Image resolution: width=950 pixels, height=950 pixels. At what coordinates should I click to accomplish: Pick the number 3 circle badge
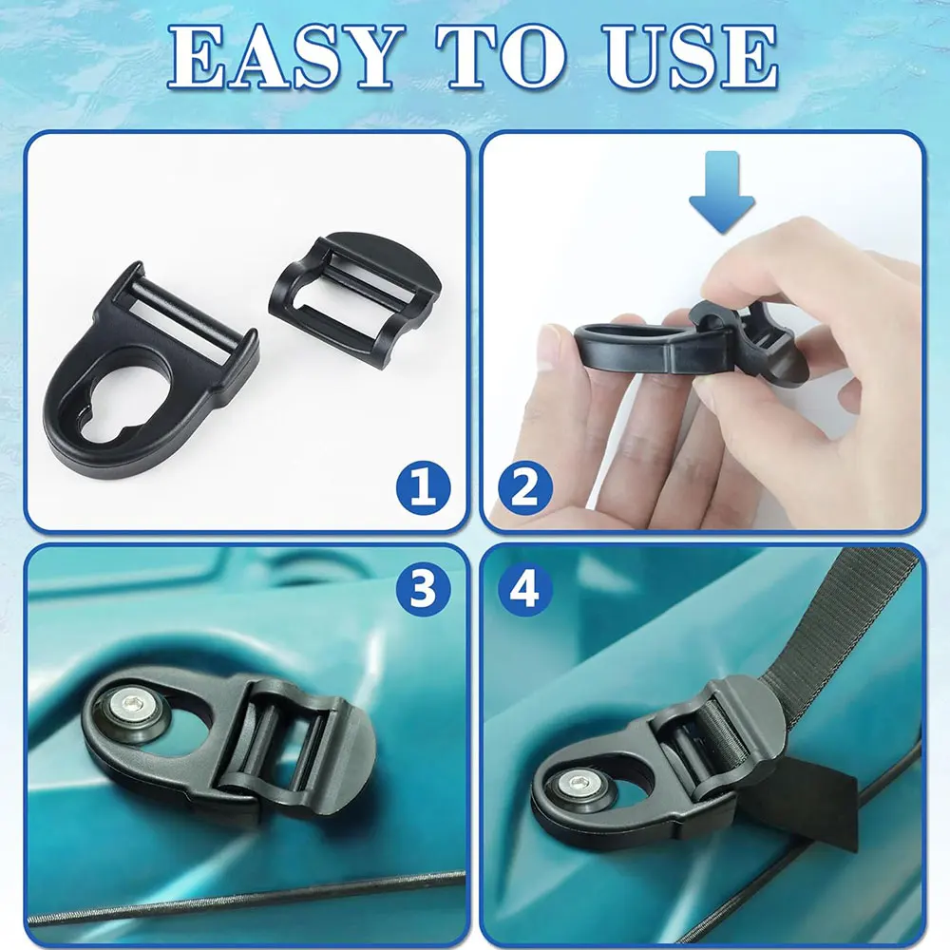click(424, 588)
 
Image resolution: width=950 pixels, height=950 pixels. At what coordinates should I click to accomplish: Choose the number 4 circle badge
click(525, 588)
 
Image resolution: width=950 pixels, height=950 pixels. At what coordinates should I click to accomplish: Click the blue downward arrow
click(722, 193)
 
